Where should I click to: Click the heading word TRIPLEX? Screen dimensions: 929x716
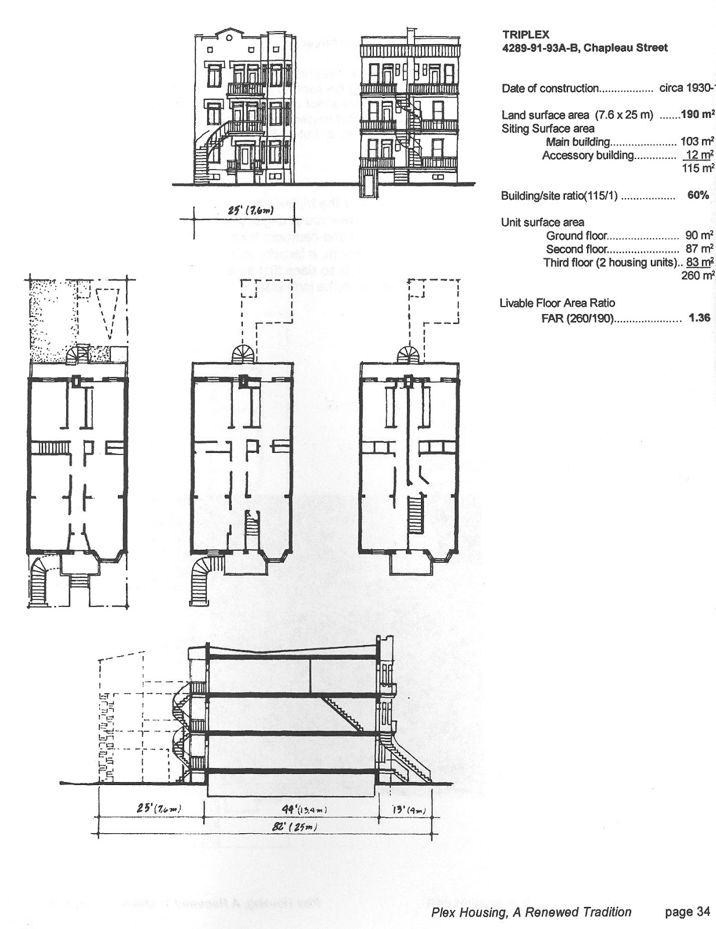(x=525, y=35)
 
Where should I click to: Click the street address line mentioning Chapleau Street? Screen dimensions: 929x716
(x=584, y=48)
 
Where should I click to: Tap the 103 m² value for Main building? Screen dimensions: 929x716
(x=697, y=141)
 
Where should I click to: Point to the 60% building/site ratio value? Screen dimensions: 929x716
(x=697, y=195)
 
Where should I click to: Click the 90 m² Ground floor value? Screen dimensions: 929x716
(x=699, y=235)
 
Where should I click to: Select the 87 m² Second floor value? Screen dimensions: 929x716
(x=699, y=249)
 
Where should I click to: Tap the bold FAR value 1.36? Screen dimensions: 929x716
(x=699, y=318)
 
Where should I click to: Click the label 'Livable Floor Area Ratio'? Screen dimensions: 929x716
(x=557, y=303)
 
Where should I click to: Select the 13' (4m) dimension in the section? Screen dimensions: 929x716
(x=408, y=809)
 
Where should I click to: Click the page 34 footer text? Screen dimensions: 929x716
(x=687, y=912)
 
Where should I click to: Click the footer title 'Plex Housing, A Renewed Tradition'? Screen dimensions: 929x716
(x=531, y=912)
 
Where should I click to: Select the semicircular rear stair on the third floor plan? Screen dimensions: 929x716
(x=411, y=354)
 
